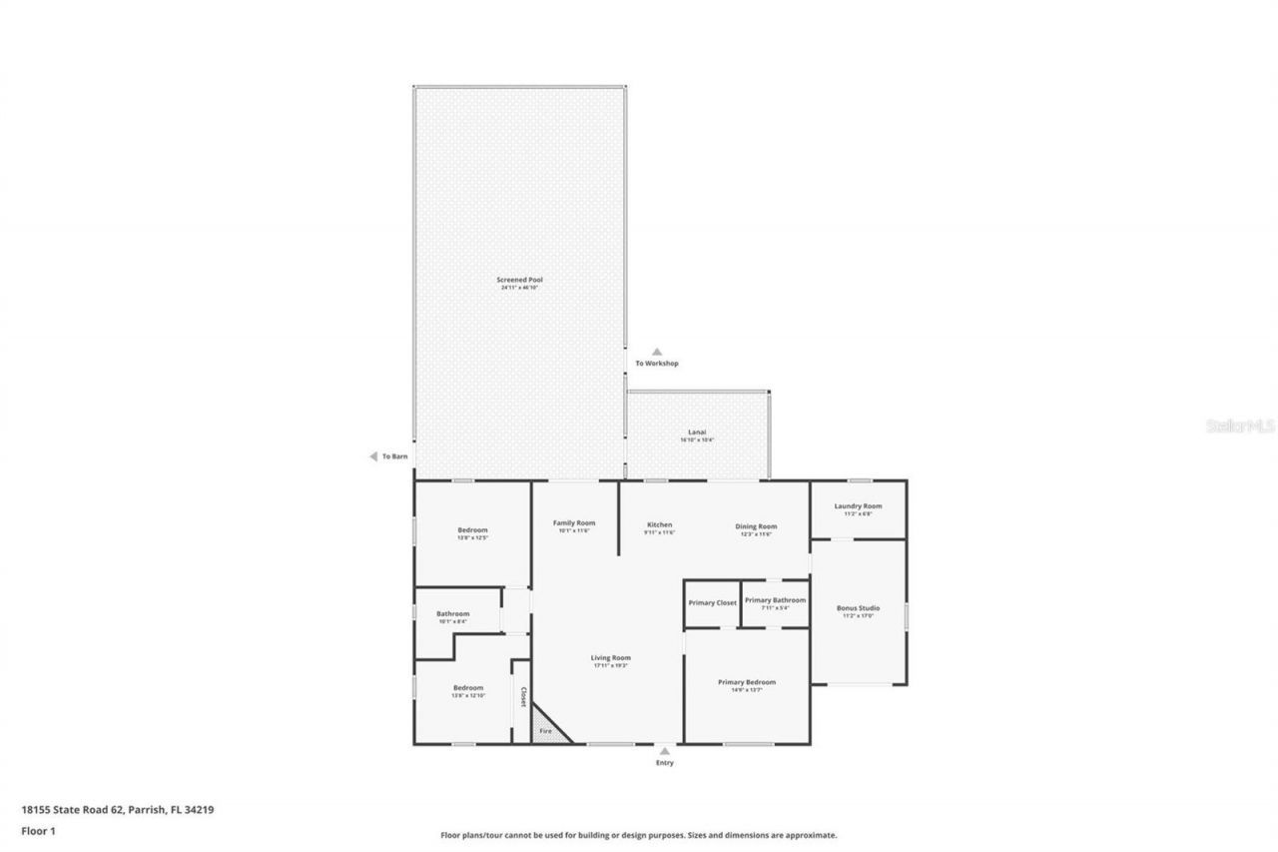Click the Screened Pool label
pos(519,280)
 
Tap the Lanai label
pos(698,432)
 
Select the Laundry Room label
pos(858,506)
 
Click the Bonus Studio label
pos(858,608)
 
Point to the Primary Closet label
pos(712,602)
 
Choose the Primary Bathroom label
pos(774,600)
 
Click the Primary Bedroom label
pos(746,683)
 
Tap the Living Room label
pos(610,658)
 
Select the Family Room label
pos(574,523)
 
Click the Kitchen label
pos(659,525)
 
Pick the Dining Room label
pos(756,526)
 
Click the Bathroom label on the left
pos(452,614)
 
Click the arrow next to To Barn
pos(373,456)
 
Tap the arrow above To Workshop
pos(657,352)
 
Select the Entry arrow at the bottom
pos(665,750)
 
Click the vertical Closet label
pos(522,696)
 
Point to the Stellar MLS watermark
pos(1240,426)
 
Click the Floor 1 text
pos(38,830)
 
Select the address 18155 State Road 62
pos(117,810)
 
